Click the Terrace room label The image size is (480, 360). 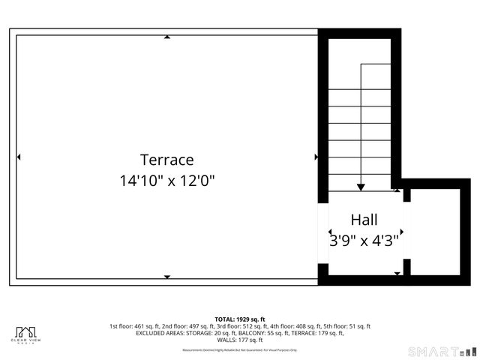coord(166,160)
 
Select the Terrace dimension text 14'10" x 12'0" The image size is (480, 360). coord(166,181)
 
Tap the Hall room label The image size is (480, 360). coord(364,220)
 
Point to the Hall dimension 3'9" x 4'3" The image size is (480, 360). coord(364,241)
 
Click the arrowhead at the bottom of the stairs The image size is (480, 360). coord(361,187)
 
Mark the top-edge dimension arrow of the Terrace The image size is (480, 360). coord(166,36)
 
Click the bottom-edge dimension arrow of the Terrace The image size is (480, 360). coord(166,277)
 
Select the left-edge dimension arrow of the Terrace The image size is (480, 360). coord(19,157)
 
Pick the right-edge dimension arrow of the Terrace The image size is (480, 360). coord(316,157)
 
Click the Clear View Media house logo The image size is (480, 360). coord(27,334)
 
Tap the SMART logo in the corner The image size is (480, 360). coord(442,351)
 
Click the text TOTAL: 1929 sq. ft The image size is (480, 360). coord(240,319)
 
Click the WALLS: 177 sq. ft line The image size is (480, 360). coord(240,340)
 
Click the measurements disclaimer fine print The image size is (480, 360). coord(240,349)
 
